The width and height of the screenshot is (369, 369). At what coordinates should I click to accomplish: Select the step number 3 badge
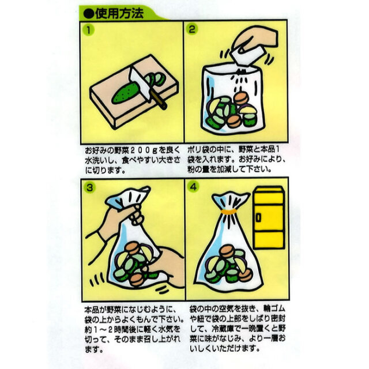coord(88,187)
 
